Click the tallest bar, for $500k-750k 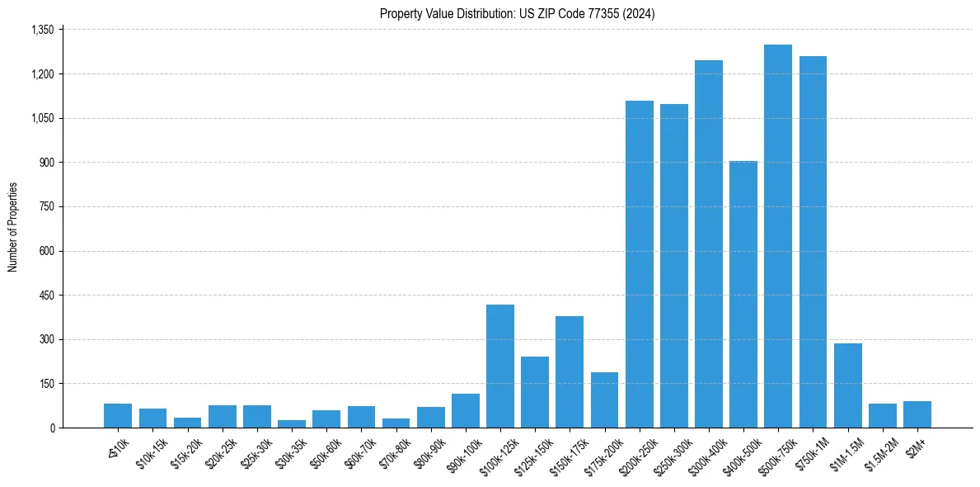(x=777, y=239)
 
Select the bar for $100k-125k (x=499, y=367)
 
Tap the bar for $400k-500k (x=743, y=297)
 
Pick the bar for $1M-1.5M (x=847, y=386)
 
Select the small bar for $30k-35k (x=291, y=423)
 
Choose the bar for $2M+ (x=917, y=415)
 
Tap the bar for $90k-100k (x=465, y=411)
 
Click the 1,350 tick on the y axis (x=41, y=30)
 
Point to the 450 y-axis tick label (x=46, y=296)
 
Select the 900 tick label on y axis (x=46, y=163)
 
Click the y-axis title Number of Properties (x=12, y=227)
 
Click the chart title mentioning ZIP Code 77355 (x=517, y=13)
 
